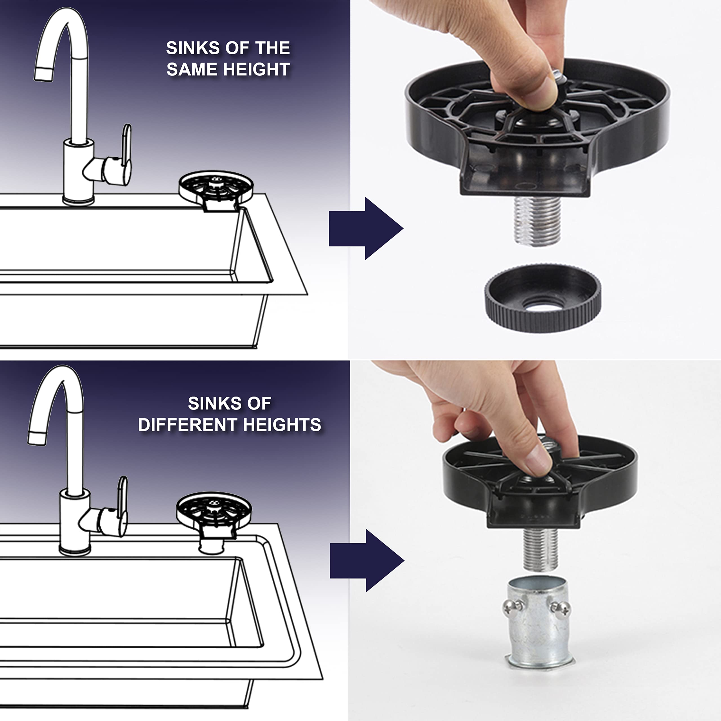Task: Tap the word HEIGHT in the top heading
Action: point(256,69)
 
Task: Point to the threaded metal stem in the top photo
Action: point(537,221)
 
